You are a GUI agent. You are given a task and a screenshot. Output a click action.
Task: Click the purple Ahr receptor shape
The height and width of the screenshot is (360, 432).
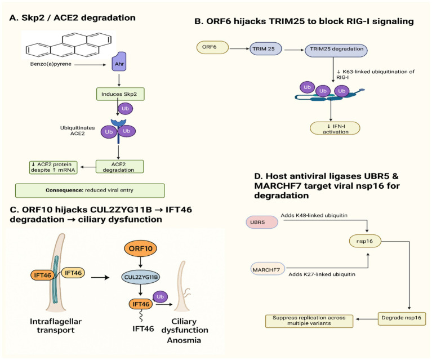(119, 61)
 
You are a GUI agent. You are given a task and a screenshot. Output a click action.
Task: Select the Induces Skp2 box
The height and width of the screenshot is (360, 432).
(121, 94)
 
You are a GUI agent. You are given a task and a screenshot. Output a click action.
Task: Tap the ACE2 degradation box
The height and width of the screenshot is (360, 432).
(119, 167)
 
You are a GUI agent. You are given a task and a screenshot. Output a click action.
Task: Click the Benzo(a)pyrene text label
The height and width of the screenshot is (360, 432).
(51, 64)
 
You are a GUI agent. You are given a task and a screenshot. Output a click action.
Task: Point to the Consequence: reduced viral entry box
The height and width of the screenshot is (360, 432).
(90, 190)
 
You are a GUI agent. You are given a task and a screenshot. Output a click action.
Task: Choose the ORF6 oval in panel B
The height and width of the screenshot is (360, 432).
(212, 47)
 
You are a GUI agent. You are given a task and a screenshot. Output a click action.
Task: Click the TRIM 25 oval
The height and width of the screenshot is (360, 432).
(266, 49)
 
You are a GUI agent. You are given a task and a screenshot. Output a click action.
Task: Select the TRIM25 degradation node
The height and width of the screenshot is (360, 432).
(336, 51)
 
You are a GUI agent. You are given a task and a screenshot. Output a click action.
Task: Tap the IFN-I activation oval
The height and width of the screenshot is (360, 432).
(335, 128)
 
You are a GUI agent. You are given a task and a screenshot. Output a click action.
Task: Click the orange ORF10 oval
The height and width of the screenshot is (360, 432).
(140, 248)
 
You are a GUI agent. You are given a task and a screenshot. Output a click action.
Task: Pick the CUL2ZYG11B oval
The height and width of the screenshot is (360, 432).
(140, 277)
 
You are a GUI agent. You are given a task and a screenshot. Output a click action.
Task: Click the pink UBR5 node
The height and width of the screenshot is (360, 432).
(262, 222)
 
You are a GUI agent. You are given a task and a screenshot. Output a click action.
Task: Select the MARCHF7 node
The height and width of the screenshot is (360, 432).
(268, 269)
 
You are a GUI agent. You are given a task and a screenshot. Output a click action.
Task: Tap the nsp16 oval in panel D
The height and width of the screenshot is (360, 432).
(365, 241)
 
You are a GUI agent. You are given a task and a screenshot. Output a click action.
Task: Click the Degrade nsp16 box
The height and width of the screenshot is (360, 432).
(402, 319)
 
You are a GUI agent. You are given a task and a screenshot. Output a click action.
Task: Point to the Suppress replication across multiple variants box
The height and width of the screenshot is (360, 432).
(309, 321)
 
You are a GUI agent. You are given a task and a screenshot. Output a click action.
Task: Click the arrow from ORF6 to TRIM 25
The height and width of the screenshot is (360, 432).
(239, 49)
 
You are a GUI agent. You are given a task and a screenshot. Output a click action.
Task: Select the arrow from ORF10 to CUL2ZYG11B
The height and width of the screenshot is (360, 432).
(140, 262)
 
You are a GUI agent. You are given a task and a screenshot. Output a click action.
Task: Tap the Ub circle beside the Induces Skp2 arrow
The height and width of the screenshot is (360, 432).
(126, 109)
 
